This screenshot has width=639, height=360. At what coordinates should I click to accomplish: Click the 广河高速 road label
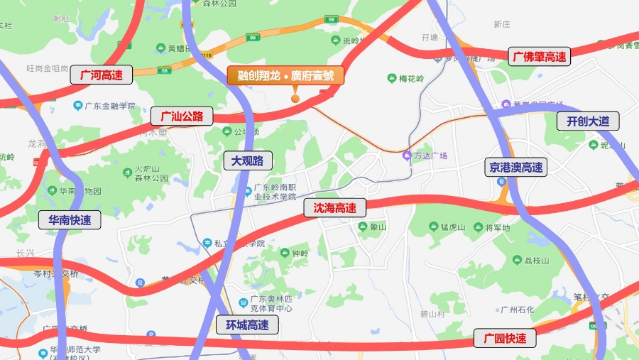(102, 75)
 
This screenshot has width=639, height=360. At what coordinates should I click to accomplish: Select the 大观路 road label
(247, 161)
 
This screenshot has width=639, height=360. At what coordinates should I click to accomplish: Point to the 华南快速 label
(70, 220)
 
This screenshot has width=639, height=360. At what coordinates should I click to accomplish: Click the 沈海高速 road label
(334, 208)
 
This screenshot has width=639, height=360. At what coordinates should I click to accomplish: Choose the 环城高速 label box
(247, 325)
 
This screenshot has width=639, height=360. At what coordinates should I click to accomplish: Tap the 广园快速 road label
(505, 338)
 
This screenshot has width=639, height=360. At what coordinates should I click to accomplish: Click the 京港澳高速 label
(516, 168)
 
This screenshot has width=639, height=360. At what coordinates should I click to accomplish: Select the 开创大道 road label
(588, 121)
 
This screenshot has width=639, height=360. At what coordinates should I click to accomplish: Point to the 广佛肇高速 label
(540, 57)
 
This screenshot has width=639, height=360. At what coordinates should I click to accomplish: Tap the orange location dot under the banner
(295, 98)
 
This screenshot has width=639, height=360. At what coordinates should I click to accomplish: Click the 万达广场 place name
(431, 156)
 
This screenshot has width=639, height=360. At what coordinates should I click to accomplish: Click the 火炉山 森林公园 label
(151, 174)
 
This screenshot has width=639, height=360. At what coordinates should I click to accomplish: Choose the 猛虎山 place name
(452, 227)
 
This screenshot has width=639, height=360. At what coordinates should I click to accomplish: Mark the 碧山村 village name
(431, 313)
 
